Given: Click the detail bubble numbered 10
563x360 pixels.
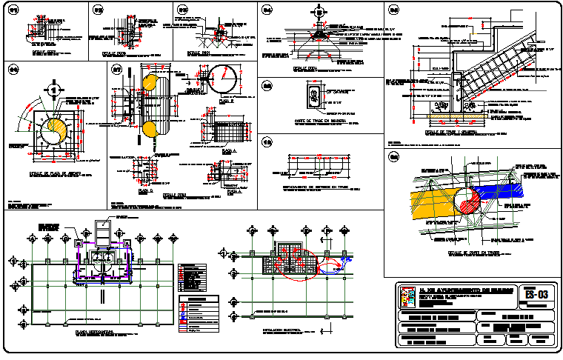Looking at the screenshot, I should tap(267, 142).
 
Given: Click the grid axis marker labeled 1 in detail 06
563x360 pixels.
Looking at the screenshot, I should tap(53, 89).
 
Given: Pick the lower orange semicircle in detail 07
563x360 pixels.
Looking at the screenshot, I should tap(149, 129).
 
